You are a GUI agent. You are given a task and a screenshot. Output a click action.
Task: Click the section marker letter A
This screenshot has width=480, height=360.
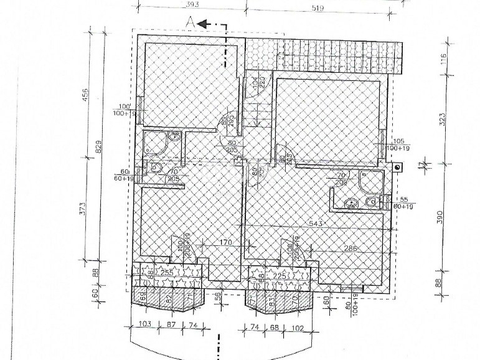point(189,22)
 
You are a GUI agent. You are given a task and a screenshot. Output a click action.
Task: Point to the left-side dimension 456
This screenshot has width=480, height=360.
point(87,94)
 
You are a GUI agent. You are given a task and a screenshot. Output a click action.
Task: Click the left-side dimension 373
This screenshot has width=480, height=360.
point(87,205)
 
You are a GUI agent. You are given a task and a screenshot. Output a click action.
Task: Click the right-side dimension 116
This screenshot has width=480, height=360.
point(443,60)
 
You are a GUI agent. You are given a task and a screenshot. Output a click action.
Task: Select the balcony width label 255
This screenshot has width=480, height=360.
point(166,272)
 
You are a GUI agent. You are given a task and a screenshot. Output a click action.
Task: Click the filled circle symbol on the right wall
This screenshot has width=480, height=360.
point(397,166)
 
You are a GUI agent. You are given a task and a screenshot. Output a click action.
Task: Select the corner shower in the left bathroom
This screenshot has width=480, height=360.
point(152,143)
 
